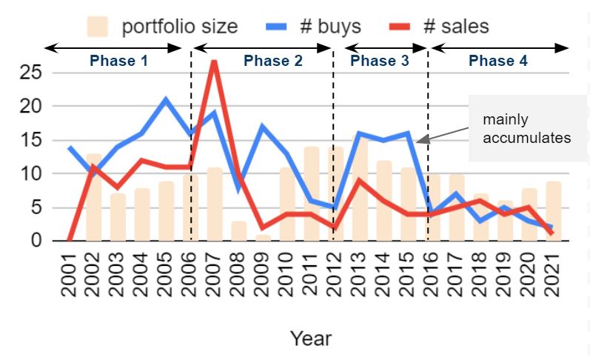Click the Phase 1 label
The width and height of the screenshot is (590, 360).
point(118,61)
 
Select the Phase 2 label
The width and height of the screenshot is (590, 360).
point(273,61)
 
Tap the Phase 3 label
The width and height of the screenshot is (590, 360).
point(379,61)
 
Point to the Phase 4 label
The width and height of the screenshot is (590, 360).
point(498,61)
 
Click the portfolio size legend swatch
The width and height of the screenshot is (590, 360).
point(97,27)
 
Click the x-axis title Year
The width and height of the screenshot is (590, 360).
point(311,339)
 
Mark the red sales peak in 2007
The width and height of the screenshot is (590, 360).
point(214,61)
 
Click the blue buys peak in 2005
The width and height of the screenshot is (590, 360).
point(166,99)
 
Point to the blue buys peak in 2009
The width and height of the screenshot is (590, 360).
point(262,127)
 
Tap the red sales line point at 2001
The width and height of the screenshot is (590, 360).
point(70,240)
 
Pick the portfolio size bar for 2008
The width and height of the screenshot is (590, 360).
point(238,230)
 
